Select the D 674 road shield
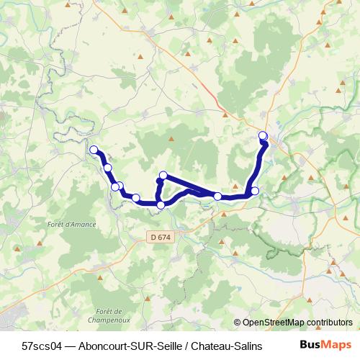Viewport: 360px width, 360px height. tap(161, 236)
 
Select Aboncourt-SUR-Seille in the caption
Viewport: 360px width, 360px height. tap(127, 346)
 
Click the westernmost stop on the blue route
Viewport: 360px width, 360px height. tap(94, 150)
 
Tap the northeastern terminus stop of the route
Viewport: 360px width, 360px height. tap(263, 135)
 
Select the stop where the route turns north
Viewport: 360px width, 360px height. tap(254, 191)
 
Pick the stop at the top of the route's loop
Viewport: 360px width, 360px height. tap(163, 175)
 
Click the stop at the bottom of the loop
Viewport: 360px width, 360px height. tap(161, 205)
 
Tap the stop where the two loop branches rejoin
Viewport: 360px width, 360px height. tap(217, 196)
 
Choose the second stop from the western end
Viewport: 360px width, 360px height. tap(107, 168)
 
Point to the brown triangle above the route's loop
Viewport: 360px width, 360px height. tap(171, 138)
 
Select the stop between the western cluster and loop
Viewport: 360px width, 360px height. tap(135, 198)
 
